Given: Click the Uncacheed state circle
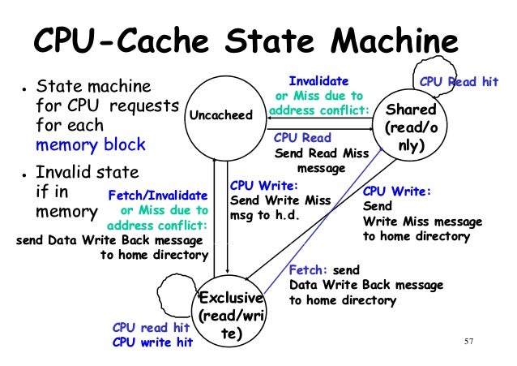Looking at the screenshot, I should [220, 116].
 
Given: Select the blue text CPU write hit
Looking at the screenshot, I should [152, 342].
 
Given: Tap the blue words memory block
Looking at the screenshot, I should [90, 145].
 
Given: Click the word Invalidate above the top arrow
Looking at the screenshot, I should [319, 81].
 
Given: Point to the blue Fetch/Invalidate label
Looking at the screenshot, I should [156, 195].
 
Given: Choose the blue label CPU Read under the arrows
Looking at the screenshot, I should [302, 138].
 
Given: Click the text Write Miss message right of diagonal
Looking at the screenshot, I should [421, 222].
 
